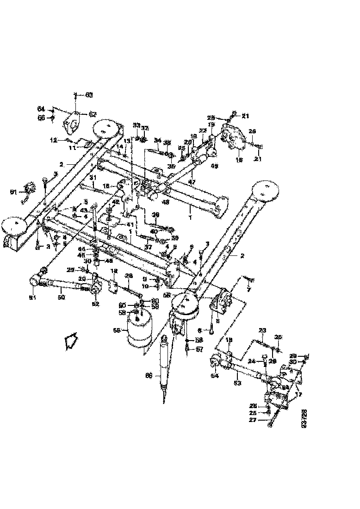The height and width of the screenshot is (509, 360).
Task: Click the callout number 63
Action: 89,94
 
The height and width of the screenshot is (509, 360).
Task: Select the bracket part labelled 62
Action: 72,122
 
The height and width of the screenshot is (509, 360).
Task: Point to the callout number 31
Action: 93,178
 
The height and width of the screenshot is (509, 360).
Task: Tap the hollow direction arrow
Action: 71,342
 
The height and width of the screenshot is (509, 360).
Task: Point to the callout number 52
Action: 96,304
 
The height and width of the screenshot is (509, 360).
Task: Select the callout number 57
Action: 199,349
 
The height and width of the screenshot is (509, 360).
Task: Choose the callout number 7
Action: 248,290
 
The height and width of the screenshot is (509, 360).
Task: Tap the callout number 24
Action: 252,361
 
